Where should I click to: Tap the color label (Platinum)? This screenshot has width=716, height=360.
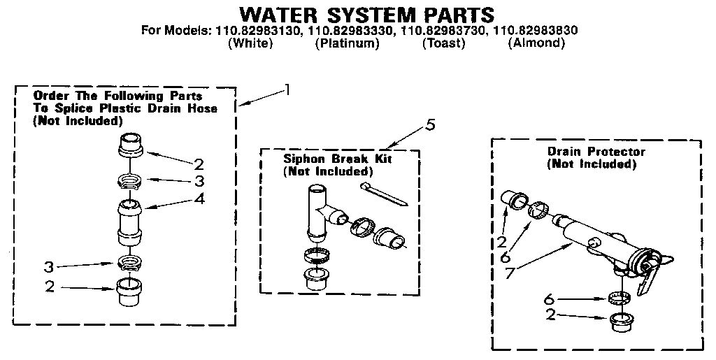coord(347,43)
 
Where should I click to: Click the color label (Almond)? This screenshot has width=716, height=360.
coord(536,43)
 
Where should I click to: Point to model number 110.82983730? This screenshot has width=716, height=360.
coord(443,31)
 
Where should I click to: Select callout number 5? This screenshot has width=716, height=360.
coord(431,125)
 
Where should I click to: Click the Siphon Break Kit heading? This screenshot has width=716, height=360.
coord(338,159)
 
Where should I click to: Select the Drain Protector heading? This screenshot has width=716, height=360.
coord(596,152)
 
